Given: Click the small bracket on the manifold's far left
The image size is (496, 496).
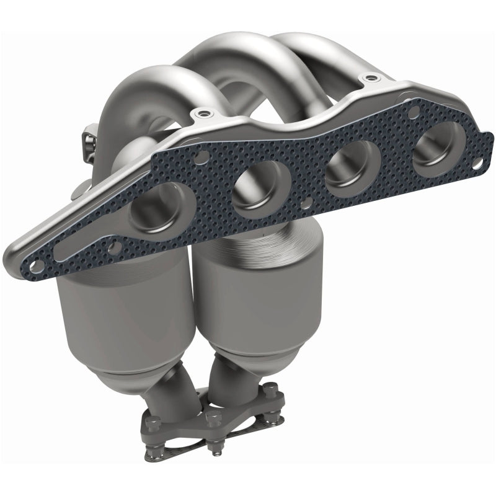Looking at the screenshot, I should pos(89,136).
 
